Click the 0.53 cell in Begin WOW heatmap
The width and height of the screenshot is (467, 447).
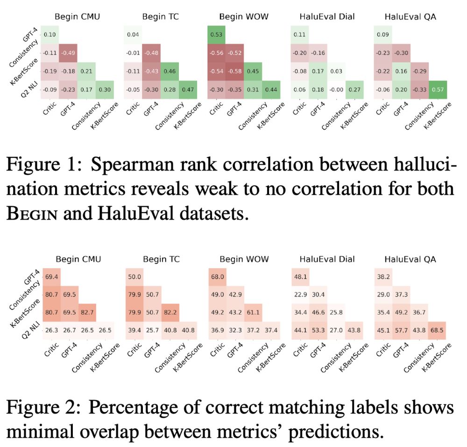[216, 35]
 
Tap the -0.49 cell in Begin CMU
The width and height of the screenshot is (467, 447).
[69, 52]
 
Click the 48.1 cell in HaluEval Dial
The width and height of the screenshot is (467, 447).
[300, 276]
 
